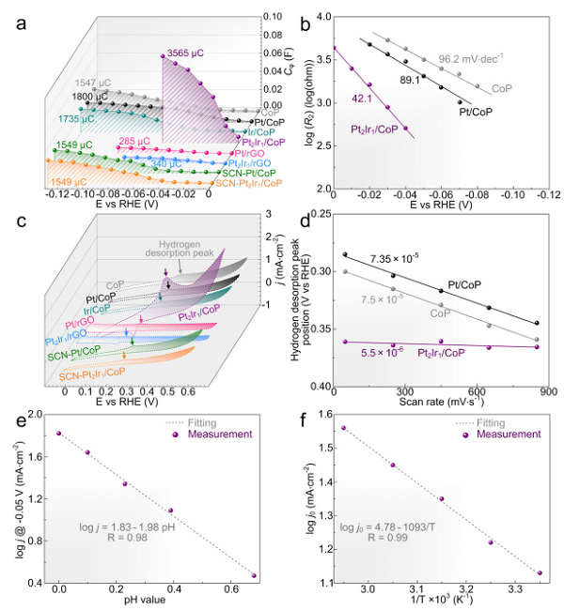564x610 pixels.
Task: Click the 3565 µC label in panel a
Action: [x=185, y=52]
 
